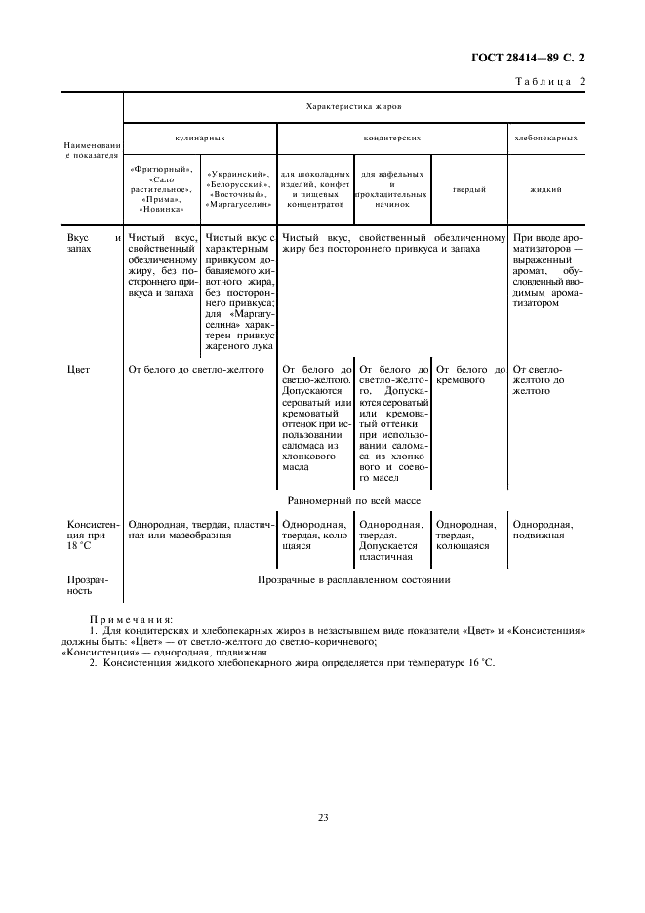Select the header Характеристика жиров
(x=353, y=106)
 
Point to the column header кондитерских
(x=391, y=139)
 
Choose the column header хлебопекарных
(x=545, y=139)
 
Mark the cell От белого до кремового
(x=470, y=376)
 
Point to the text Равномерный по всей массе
(x=353, y=499)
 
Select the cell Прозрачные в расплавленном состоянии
(x=353, y=579)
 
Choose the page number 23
(x=322, y=816)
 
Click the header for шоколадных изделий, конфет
(x=313, y=189)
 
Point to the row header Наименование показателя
(x=93, y=149)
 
